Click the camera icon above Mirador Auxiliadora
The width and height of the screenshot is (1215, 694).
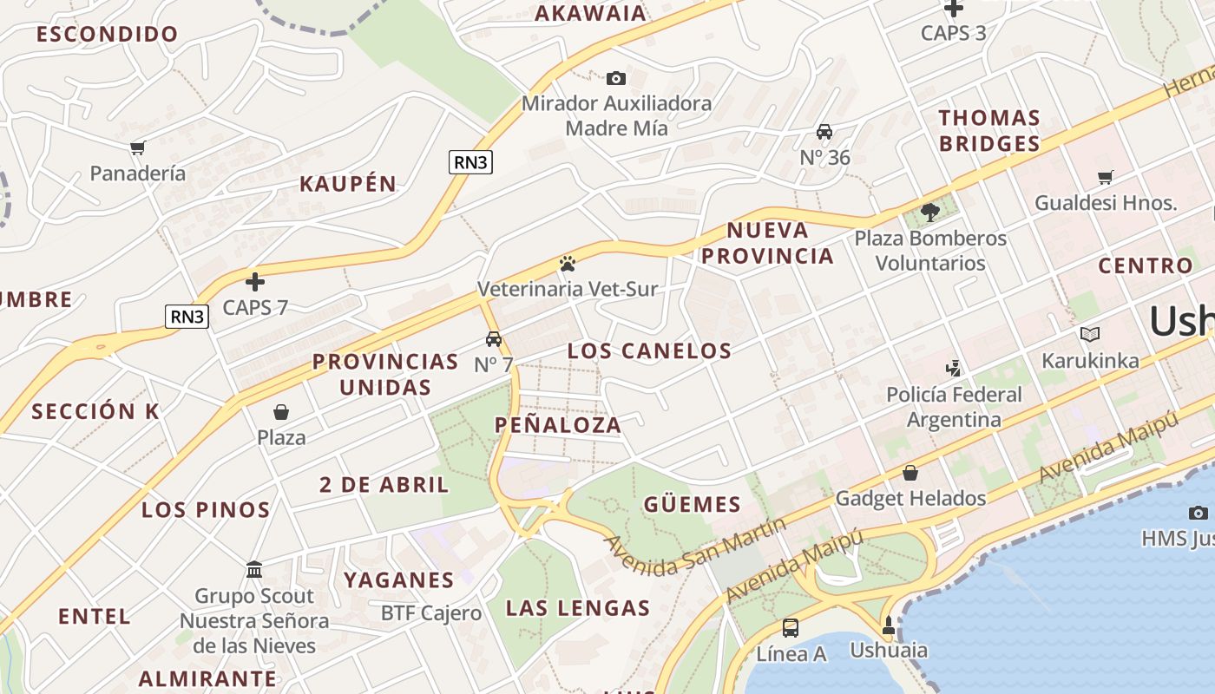[615, 79]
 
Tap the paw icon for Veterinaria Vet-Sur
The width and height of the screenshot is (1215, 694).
[568, 263]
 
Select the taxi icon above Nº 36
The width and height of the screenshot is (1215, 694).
[824, 132]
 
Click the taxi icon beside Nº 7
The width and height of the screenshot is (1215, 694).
[494, 339]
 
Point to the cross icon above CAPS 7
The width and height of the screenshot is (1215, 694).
[255, 282]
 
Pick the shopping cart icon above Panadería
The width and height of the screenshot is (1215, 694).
[137, 147]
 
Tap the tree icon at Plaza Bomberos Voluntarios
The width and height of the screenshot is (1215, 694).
[930, 213]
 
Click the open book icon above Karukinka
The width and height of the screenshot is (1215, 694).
[1090, 335]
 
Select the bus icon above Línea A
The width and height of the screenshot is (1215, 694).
[791, 628]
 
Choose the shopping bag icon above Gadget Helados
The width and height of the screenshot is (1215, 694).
[910, 473]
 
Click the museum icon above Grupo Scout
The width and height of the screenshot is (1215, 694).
[254, 570]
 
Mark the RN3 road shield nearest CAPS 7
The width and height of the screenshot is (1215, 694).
[187, 317]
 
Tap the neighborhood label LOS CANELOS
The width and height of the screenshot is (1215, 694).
[649, 351]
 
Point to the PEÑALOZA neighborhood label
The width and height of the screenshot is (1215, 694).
[558, 425]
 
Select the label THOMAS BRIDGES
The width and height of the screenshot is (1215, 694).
[989, 131]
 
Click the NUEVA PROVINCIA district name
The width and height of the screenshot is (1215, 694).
[767, 243]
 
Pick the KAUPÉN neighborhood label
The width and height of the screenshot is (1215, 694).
[348, 184]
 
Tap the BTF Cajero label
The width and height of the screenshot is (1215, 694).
[431, 613]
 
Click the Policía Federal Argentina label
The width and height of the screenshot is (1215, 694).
[954, 407]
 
